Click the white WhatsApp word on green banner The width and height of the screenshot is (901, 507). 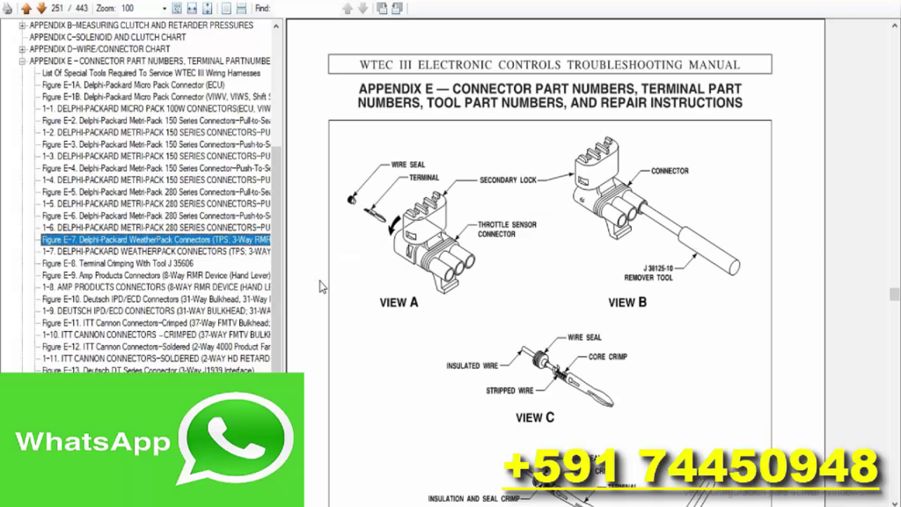pyautogui.click(x=92, y=441)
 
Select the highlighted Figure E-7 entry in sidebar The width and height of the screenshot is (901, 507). pyautogui.click(x=156, y=239)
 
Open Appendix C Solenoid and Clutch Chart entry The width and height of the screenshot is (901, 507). pyautogui.click(x=107, y=38)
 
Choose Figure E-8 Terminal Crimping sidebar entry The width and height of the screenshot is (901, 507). pyautogui.click(x=118, y=263)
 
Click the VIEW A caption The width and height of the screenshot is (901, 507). pyautogui.click(x=399, y=303)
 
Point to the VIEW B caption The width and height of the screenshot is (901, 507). pyautogui.click(x=627, y=303)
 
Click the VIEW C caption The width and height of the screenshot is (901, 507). pyautogui.click(x=535, y=418)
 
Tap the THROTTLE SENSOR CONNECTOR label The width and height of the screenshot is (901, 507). pyautogui.click(x=508, y=229)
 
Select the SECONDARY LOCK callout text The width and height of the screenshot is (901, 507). pyautogui.click(x=508, y=180)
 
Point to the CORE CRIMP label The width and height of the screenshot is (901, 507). pyautogui.click(x=607, y=356)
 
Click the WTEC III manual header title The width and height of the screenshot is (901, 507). pyautogui.click(x=549, y=64)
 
